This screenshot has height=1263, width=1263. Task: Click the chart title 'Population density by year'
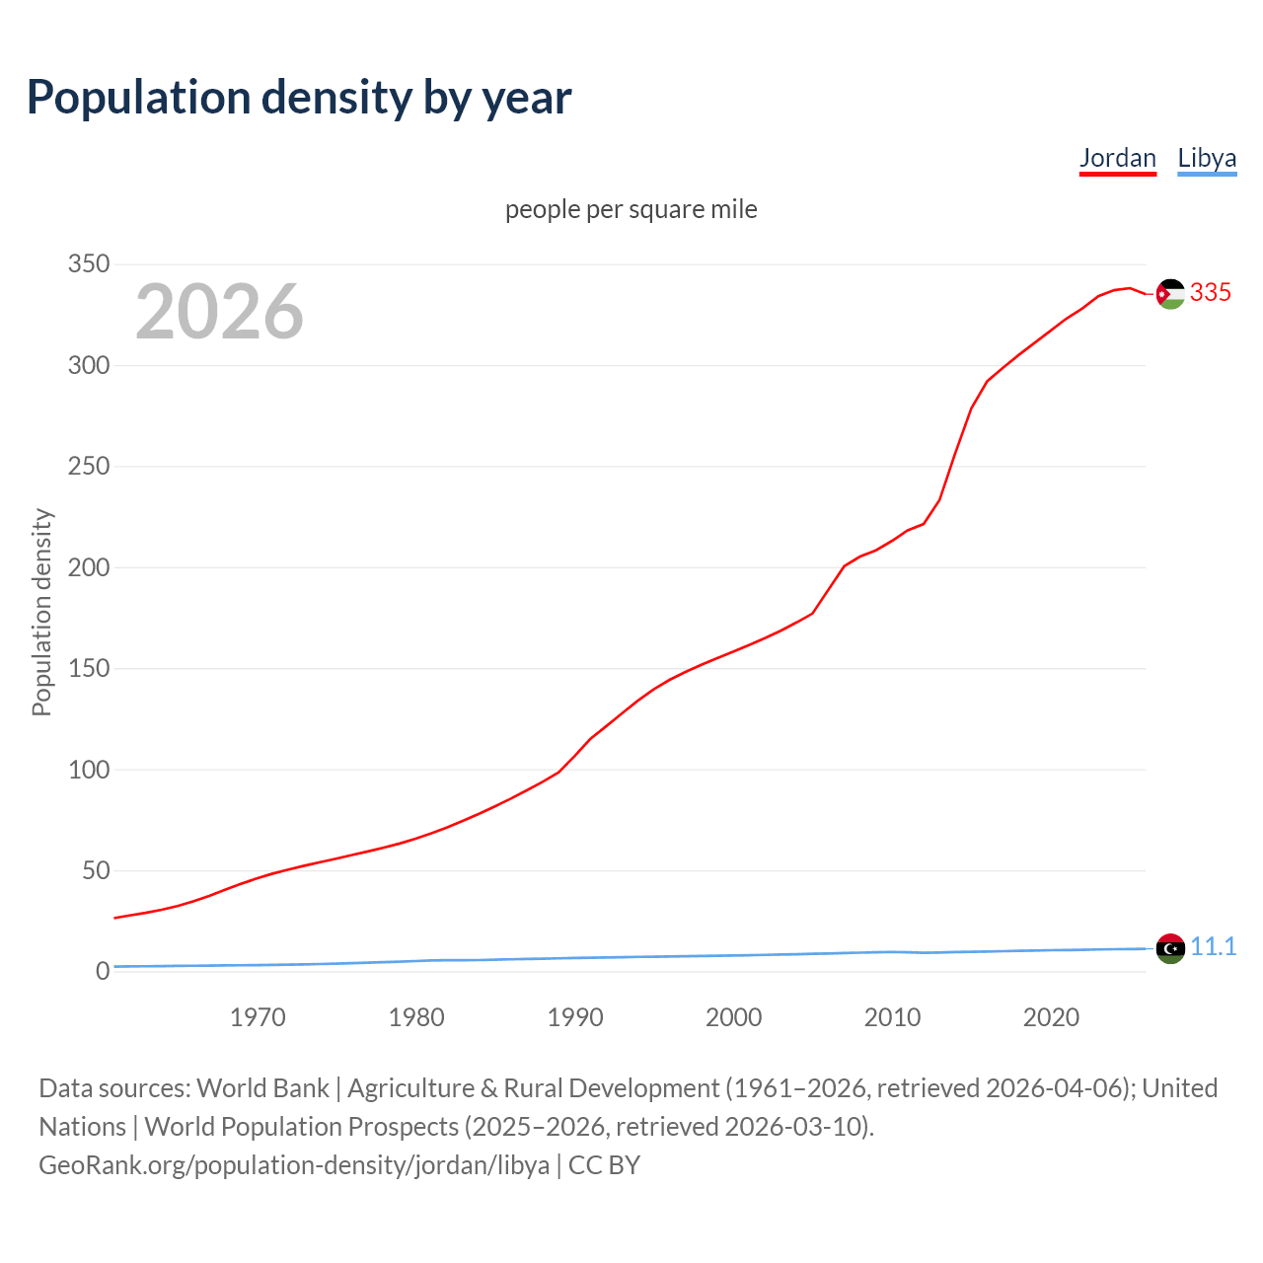coord(299,98)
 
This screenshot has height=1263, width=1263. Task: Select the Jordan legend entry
coord(1117,158)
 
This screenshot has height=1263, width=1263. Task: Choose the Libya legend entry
coord(1207,158)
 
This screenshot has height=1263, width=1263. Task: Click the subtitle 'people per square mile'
coord(631,209)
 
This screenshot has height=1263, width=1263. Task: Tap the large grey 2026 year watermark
coord(219,312)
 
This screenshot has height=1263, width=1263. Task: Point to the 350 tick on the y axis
coord(89,264)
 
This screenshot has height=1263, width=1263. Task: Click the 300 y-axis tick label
coord(89,366)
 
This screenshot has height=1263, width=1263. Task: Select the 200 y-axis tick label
coord(89,567)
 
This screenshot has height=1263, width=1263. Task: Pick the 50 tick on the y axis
coord(96,870)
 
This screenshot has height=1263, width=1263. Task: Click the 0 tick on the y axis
coord(103,972)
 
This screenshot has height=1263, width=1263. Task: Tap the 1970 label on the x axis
coord(258,1017)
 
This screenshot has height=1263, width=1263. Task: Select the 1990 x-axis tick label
coord(575,1017)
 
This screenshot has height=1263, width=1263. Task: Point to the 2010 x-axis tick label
coord(892,1017)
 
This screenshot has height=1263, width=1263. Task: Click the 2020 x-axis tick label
coord(1051,1017)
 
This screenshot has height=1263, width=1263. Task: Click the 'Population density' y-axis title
coord(41,612)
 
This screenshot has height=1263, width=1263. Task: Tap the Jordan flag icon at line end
coord(1170,294)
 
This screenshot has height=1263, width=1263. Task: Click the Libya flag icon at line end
coord(1170,948)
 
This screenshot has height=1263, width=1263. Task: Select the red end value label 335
coord(1211,292)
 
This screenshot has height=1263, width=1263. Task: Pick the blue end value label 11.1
coord(1213,946)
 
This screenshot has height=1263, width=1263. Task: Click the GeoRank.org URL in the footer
coord(294,1165)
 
